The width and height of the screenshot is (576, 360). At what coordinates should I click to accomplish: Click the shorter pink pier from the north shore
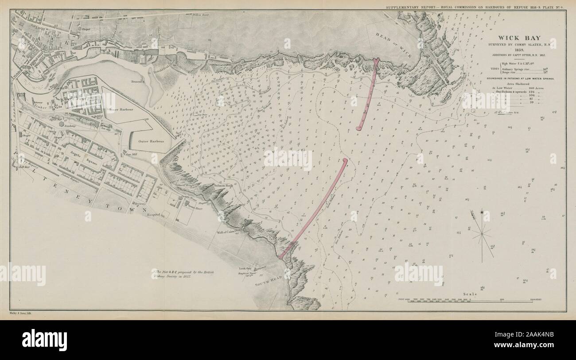coord(368,95)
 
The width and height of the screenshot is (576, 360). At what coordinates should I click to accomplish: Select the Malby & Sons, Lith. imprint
coord(21,313)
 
